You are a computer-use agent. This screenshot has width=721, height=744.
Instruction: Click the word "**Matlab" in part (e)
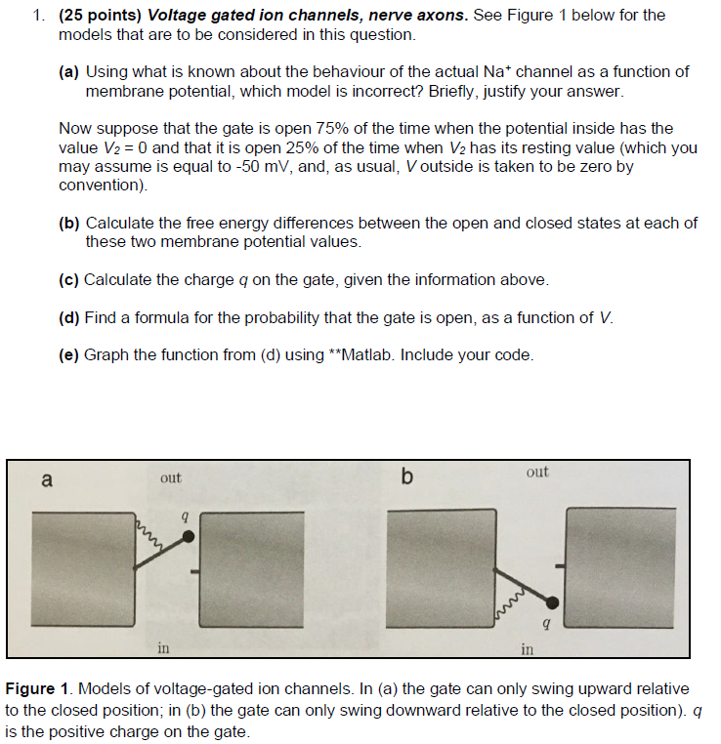click(316, 354)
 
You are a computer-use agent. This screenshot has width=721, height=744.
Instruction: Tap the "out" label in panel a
click(171, 477)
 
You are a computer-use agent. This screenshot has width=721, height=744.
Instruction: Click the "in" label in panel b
click(527, 648)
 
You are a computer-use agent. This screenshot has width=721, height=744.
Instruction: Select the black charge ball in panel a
click(189, 537)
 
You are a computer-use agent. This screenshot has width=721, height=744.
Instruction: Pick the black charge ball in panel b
click(553, 601)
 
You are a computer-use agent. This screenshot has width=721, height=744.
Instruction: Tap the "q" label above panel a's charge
click(184, 513)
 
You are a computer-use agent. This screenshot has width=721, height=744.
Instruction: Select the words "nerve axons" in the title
click(409, 16)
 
